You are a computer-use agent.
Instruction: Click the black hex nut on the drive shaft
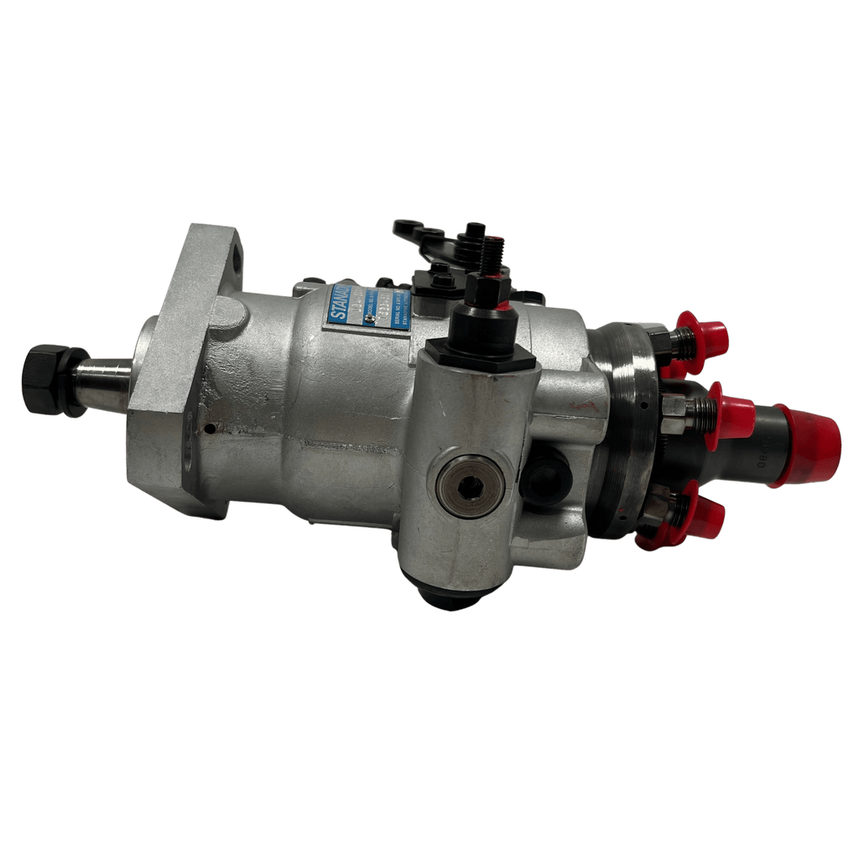point(42,380)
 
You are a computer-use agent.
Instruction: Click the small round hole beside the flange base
point(208,428)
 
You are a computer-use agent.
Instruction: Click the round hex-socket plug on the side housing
point(471,487)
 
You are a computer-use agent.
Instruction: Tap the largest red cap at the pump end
point(810,440)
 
